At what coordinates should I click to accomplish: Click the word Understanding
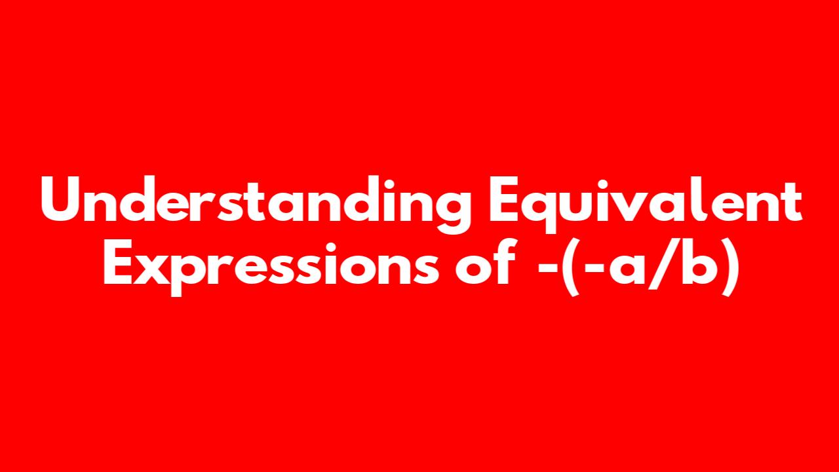[x=256, y=204]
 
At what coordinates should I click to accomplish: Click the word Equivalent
[x=645, y=204]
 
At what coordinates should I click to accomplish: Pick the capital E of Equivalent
[x=505, y=199]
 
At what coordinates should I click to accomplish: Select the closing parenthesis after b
[x=730, y=267]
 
